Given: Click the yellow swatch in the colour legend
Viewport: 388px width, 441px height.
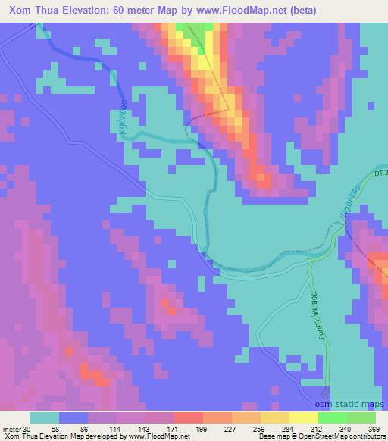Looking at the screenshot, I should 304,418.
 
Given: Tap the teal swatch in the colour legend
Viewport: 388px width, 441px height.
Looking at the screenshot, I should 45,418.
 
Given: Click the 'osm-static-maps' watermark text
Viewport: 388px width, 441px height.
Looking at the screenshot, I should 355,404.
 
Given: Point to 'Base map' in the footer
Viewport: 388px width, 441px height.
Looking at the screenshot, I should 271,436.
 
